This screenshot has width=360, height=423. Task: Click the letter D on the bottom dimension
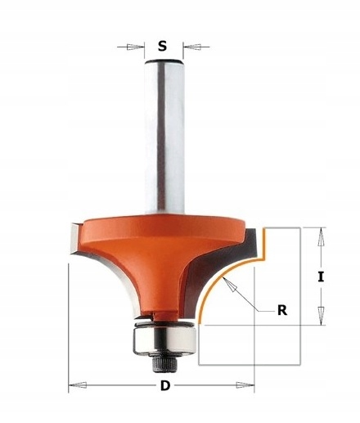tap(165, 385)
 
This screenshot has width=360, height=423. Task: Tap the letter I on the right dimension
tap(321, 277)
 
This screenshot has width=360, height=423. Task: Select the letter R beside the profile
tap(282, 310)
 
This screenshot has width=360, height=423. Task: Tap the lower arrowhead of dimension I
tap(322, 315)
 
